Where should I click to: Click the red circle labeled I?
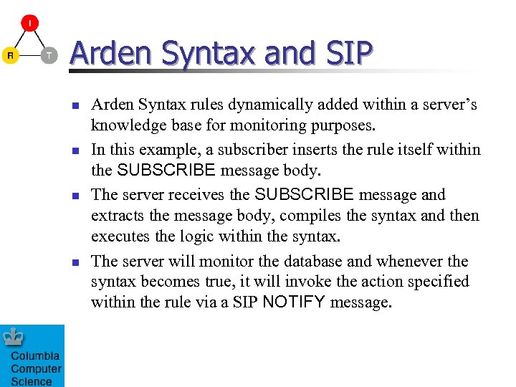(30, 23)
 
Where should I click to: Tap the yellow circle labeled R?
(10, 55)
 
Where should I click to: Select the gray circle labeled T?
(48, 55)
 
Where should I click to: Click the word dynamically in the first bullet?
(268, 105)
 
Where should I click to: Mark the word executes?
(118, 236)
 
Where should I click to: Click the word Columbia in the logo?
(35, 356)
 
